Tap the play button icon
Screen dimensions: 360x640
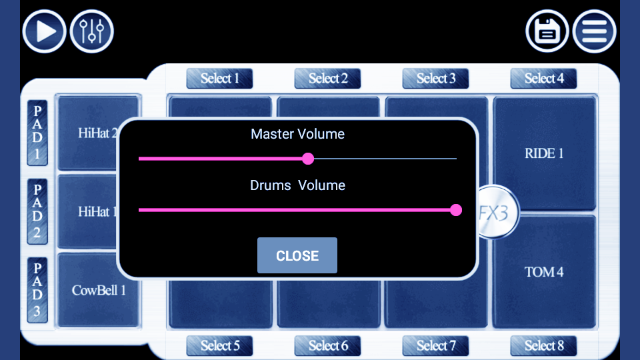(x=44, y=31)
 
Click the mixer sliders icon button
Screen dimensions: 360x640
(x=92, y=31)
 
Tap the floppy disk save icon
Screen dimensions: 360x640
(x=547, y=31)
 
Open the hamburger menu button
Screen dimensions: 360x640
(x=595, y=31)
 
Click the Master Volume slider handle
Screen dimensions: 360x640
(x=308, y=159)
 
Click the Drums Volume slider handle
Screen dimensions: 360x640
(x=456, y=210)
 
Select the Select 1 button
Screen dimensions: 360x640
(x=219, y=79)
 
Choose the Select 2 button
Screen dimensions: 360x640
(x=327, y=79)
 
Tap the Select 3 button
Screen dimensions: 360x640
(x=435, y=79)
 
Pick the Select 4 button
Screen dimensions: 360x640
(x=543, y=79)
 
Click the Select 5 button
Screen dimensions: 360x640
(x=219, y=345)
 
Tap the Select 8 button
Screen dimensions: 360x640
(x=543, y=345)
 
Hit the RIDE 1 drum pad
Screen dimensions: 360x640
(x=544, y=153)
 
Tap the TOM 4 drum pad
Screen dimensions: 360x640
(x=544, y=272)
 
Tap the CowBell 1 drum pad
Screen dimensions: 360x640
(x=98, y=290)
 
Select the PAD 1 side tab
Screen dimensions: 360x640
(x=37, y=133)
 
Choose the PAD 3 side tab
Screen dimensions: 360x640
(x=37, y=290)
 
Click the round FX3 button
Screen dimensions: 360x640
(x=497, y=213)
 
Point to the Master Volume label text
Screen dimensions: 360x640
(x=297, y=134)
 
